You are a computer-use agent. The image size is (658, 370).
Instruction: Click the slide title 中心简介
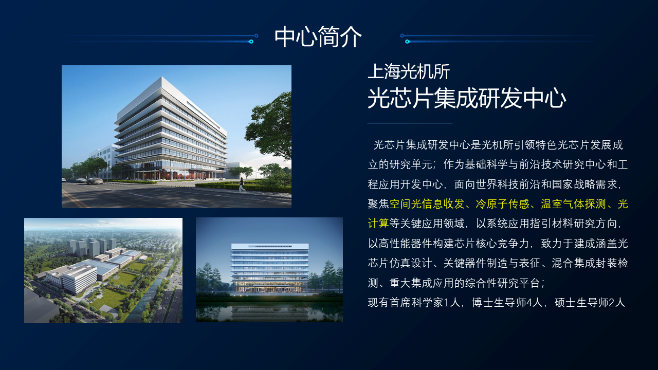(318, 36)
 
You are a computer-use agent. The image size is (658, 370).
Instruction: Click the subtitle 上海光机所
(409, 71)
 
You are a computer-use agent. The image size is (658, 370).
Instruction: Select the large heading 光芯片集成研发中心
(467, 98)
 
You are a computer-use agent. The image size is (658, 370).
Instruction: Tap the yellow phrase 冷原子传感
(502, 204)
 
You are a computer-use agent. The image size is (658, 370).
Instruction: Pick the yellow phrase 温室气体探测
(573, 204)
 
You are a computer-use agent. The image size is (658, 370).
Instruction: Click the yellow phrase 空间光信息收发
(427, 204)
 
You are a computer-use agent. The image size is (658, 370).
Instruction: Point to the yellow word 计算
(378, 224)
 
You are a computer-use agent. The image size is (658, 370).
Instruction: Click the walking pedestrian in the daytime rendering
(242, 184)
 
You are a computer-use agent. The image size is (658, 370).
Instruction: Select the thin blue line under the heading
(410, 123)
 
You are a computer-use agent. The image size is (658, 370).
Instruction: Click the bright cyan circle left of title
(251, 42)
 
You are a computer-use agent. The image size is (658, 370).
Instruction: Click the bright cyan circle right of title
(407, 42)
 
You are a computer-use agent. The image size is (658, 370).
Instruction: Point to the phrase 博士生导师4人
(507, 303)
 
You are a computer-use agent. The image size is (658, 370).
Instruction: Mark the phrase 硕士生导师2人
(590, 303)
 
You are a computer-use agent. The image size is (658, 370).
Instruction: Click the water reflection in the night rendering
(269, 312)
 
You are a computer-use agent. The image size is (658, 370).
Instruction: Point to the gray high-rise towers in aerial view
(92, 247)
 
